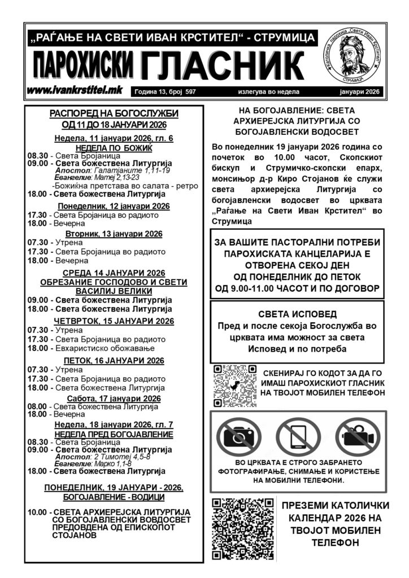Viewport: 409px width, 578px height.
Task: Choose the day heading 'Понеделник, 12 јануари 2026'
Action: click(114, 205)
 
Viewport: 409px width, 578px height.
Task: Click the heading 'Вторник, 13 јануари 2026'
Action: click(114, 234)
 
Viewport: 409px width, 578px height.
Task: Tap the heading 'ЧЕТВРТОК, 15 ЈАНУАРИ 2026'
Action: click(114, 321)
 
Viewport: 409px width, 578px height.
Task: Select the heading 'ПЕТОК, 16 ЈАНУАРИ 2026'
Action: click(114, 360)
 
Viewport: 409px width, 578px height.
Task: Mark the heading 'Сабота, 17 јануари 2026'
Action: click(114, 398)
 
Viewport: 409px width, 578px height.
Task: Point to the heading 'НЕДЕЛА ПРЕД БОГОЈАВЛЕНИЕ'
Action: click(114, 434)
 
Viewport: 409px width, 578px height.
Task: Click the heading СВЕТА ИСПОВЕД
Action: click(297, 313)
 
